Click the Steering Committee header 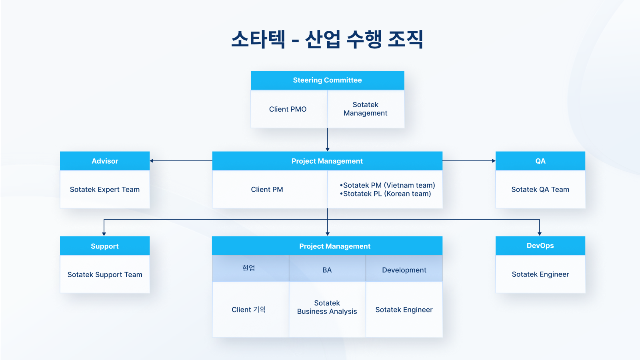[327, 80]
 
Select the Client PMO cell [288, 109]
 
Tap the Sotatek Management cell [365, 109]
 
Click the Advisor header [105, 161]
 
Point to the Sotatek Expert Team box [105, 190]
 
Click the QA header [540, 161]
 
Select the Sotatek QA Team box [540, 190]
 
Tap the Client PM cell [267, 190]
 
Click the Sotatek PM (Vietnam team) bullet [388, 185]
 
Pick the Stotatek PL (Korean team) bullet [386, 194]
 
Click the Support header [105, 246]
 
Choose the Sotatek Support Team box [105, 275]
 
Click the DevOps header [540, 246]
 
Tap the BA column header [327, 270]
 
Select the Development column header [404, 270]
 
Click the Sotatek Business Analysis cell [327, 307]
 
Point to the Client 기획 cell [248, 310]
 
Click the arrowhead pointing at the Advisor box [152, 161]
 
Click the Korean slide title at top [327, 40]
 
